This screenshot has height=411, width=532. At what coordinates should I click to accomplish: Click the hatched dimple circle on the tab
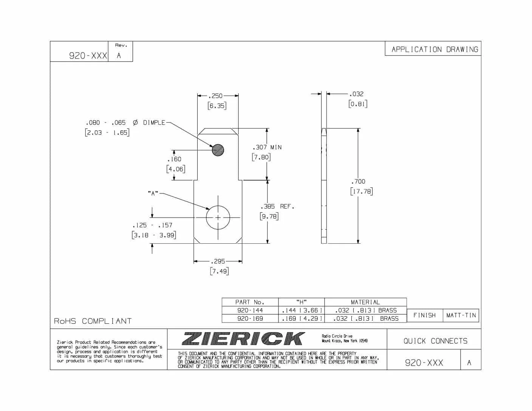click(x=218, y=150)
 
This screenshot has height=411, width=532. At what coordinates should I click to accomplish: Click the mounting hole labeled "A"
click(x=218, y=218)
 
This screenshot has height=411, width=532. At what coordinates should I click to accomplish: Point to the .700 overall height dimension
click(x=358, y=181)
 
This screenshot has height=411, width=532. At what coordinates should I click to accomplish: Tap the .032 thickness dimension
click(x=356, y=94)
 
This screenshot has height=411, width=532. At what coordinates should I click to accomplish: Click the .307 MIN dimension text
click(x=267, y=147)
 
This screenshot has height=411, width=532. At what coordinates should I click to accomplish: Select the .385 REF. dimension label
click(x=277, y=207)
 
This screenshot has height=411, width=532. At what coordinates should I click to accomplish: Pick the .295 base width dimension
click(x=218, y=261)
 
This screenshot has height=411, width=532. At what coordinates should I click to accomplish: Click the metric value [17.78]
click(x=361, y=192)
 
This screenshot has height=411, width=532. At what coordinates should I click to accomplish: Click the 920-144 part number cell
click(x=250, y=310)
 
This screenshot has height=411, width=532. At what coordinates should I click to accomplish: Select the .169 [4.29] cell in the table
click(x=302, y=318)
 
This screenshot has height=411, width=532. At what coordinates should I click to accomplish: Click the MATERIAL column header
click(x=365, y=302)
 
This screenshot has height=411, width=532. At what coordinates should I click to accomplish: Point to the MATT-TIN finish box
click(x=461, y=315)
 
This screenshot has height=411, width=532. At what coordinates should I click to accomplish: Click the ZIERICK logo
click(x=244, y=338)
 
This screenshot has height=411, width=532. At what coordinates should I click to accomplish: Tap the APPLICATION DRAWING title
click(x=435, y=49)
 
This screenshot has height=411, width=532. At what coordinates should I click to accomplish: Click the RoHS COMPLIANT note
click(x=93, y=321)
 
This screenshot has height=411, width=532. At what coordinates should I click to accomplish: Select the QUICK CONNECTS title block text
click(x=435, y=341)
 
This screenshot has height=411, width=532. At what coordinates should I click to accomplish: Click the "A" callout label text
click(x=153, y=193)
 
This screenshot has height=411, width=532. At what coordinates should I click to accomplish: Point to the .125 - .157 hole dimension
click(x=152, y=225)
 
